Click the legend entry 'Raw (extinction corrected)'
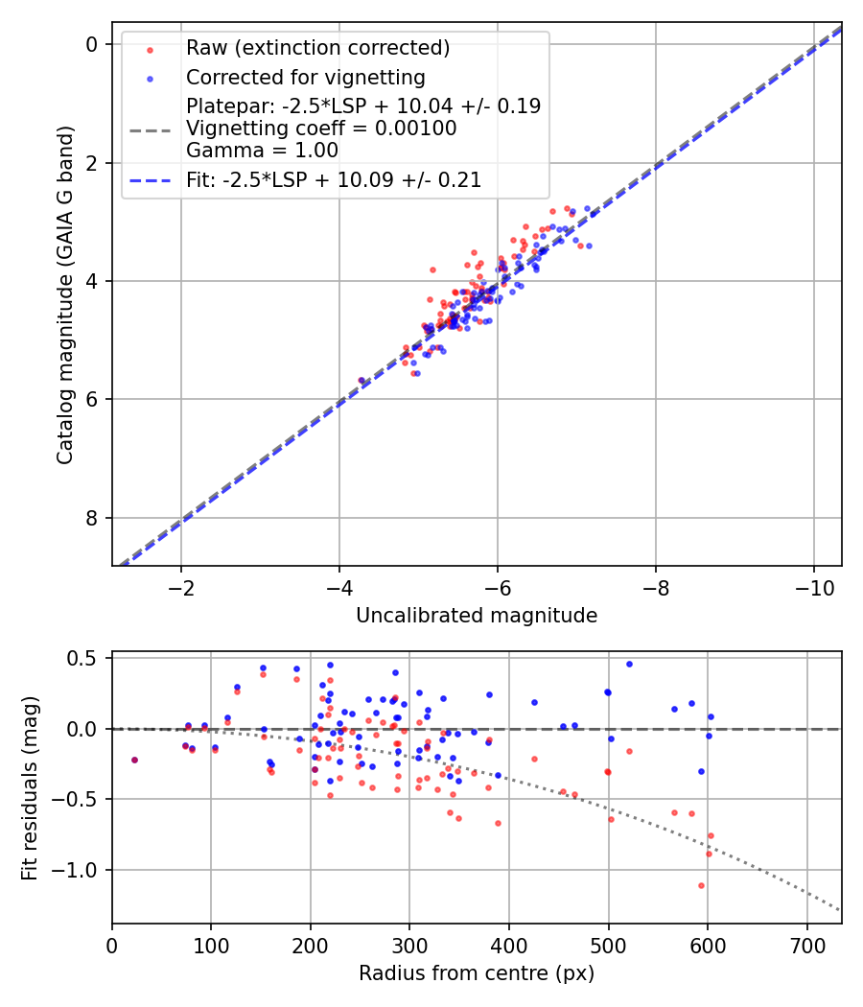pyautogui.click(x=317, y=48)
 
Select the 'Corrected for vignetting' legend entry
pyautogui.click(x=305, y=77)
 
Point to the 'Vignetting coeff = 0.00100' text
pyautogui.click(x=321, y=128)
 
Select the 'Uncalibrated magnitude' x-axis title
pyautogui.click(x=477, y=616)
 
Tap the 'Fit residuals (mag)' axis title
pyautogui.click(x=30, y=787)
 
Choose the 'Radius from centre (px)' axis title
pyautogui.click(x=477, y=973)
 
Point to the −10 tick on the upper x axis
pyautogui.click(x=814, y=585)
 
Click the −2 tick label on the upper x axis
pyautogui.click(x=181, y=585)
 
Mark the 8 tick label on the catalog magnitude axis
pyautogui.click(x=92, y=518)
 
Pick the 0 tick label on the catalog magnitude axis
pyautogui.click(x=92, y=44)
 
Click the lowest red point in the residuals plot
pyautogui.click(x=701, y=885)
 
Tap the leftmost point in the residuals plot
pyautogui.click(x=134, y=760)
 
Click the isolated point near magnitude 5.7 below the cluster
pyautogui.click(x=362, y=381)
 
